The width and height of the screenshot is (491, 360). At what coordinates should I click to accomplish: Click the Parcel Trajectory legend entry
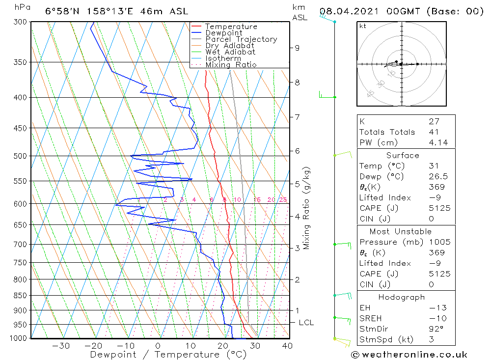click(241, 39)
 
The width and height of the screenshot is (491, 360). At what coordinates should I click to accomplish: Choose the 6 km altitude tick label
click(297, 151)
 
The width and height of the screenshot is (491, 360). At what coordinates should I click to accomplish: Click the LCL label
click(306, 323)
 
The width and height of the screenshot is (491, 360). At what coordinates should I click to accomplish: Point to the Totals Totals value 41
click(433, 132)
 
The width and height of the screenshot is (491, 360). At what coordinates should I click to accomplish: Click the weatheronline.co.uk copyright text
click(409, 355)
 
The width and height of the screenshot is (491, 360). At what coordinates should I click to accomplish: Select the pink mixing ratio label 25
click(283, 199)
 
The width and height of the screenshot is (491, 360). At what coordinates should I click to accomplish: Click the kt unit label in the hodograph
click(362, 26)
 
